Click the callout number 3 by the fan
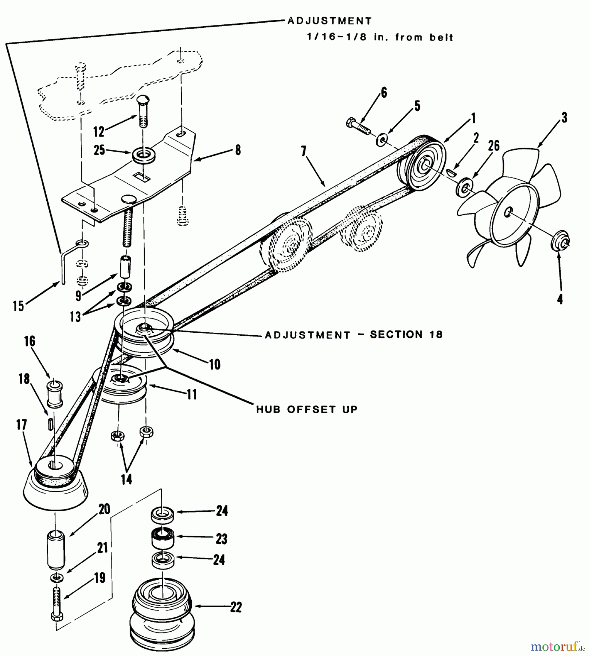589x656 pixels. click(564, 118)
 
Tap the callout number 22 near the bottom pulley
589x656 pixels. click(236, 607)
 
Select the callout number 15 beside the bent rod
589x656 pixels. click(18, 306)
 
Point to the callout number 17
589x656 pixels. click(22, 425)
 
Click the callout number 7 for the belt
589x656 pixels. click(304, 151)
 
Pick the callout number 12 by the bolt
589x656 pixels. click(99, 132)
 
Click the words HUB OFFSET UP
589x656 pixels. click(307, 409)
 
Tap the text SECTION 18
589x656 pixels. click(406, 335)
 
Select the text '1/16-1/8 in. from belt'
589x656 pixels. click(380, 37)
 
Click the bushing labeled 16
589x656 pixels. click(55, 394)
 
